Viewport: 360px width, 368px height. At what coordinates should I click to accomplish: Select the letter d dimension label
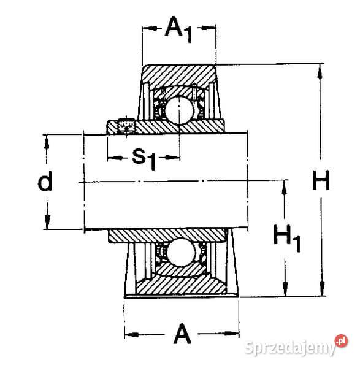point(45,182)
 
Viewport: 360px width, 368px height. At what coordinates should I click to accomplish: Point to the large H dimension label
point(320,182)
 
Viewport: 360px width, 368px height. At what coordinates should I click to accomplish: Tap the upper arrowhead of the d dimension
point(45,138)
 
